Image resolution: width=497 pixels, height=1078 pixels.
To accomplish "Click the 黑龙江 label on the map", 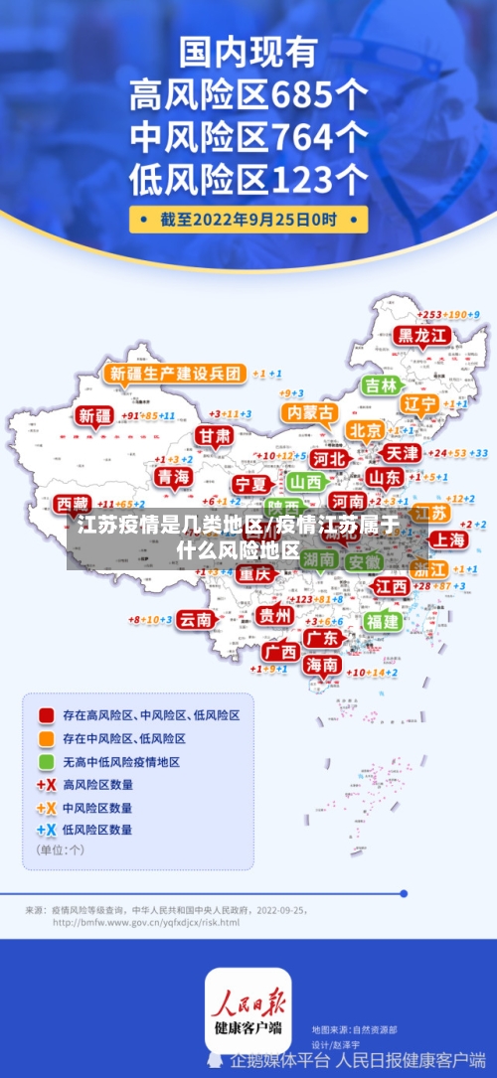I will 422,336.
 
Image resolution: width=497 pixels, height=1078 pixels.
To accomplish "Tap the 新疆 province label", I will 96,416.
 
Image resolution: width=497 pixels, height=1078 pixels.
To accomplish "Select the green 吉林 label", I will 381,385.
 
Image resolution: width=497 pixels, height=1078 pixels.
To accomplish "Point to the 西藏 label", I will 72,503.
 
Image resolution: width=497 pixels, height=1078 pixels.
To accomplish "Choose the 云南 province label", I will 196,619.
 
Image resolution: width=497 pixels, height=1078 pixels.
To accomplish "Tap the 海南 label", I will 322,665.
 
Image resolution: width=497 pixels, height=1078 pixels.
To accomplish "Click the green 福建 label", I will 382,621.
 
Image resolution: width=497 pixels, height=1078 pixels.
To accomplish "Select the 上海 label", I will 449,539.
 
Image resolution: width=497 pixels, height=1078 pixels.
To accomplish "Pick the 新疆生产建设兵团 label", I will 175,374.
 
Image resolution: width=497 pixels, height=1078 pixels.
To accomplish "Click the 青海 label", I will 173,477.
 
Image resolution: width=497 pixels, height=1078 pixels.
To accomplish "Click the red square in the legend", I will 46,714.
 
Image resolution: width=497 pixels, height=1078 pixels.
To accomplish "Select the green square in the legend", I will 46,762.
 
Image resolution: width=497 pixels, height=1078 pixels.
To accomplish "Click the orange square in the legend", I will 46,738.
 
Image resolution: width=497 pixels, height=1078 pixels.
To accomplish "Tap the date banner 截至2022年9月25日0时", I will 248,219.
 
